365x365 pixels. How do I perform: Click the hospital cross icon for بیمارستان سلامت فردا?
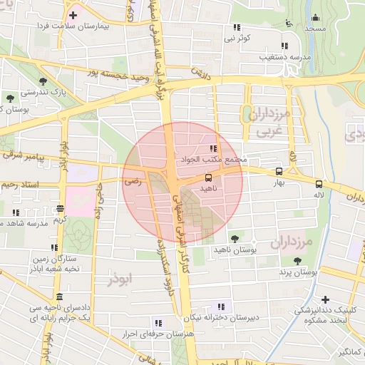[x=73, y=14]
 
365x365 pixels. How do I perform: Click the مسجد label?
[x=314, y=29]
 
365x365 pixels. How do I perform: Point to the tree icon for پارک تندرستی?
[x=44, y=81]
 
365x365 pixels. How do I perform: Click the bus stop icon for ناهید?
[x=208, y=177]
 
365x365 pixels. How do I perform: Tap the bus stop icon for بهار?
[x=279, y=171]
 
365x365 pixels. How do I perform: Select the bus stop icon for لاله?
[x=319, y=182]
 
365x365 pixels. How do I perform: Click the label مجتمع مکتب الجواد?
[x=214, y=160]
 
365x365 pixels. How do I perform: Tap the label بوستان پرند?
[x=295, y=273]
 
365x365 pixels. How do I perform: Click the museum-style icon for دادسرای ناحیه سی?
[x=58, y=297]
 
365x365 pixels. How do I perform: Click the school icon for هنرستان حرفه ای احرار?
[x=158, y=323]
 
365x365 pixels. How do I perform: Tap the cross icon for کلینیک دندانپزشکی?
[x=325, y=299]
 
